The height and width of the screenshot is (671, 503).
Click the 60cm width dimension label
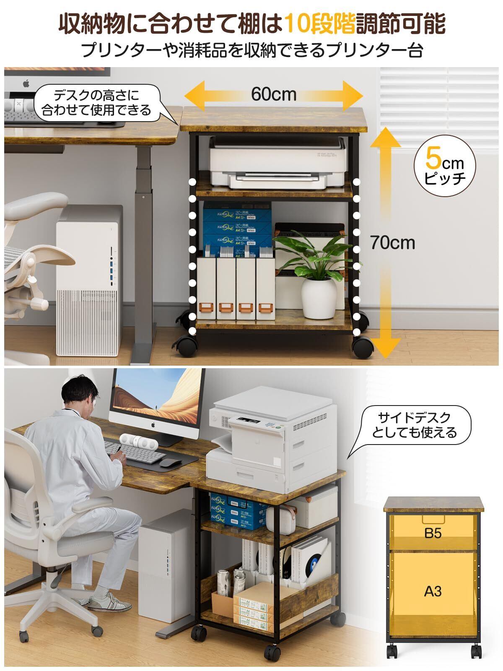point(273,94)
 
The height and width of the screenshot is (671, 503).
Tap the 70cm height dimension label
point(392,243)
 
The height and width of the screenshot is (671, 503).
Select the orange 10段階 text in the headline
point(319,24)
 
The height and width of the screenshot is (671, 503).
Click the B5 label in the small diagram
point(433,533)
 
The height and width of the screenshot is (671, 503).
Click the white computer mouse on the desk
point(168,462)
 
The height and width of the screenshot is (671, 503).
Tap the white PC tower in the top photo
point(90,281)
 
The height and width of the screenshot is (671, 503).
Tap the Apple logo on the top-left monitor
point(26,83)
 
